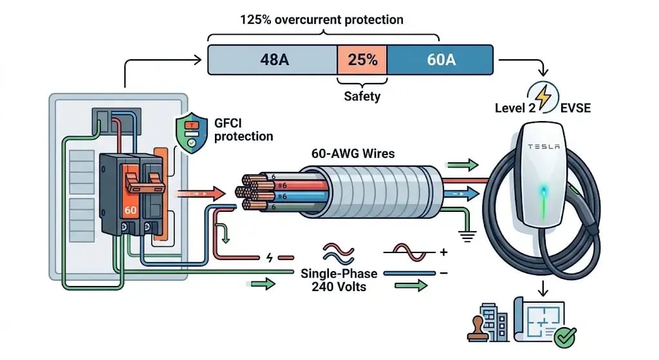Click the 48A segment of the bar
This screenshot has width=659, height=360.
273,60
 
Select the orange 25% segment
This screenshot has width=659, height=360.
362,60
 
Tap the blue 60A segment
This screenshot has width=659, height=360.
440,60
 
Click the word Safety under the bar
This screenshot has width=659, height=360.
362,97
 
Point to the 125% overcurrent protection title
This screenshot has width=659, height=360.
322,20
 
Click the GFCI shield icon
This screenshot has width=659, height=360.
192,133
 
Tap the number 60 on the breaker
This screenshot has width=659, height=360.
130,210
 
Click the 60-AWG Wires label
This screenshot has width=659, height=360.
353,153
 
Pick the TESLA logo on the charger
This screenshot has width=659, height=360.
544,146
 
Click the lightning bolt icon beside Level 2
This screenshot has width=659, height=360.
543,97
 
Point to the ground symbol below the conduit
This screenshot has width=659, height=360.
467,236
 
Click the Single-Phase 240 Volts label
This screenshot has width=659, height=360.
339,280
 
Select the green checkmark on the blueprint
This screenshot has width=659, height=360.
565,337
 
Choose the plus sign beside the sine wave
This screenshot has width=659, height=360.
443,252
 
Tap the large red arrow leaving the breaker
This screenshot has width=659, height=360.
201,193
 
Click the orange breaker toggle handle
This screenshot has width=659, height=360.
144,184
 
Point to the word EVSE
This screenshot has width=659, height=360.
575,108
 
